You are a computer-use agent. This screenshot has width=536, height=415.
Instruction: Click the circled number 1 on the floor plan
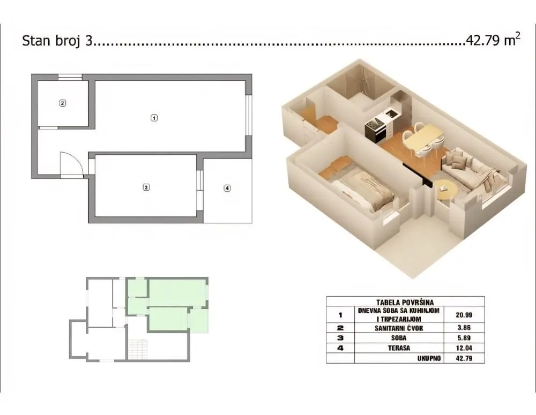tap(154, 118)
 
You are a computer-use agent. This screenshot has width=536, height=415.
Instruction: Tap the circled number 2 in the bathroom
tap(62, 103)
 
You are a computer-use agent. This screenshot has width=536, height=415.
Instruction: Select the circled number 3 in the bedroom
tap(146, 187)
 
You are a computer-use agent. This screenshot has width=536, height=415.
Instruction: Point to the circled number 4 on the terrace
tap(227, 188)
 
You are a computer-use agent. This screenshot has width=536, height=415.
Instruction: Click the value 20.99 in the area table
tap(464, 315)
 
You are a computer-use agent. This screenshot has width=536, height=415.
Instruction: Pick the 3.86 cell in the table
tap(464, 328)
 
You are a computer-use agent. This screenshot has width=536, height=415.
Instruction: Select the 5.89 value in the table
tap(464, 338)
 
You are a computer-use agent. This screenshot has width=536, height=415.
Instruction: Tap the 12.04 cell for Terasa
tap(464, 348)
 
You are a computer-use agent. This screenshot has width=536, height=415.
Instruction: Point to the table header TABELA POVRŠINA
tap(405, 301)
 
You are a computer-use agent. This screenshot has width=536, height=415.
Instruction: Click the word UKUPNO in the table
tap(429, 358)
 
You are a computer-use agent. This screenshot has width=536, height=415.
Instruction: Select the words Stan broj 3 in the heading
tap(57, 42)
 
